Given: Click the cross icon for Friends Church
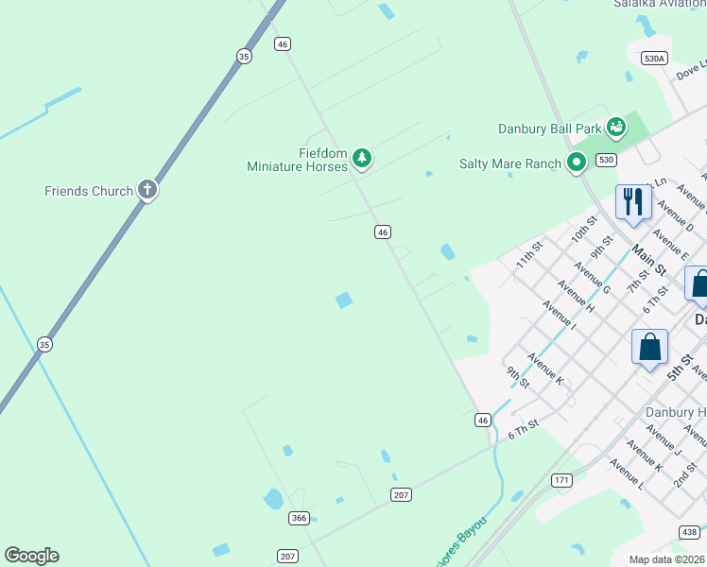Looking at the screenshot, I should [147, 190].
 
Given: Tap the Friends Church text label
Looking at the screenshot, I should [89, 191].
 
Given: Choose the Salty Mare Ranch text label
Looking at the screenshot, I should [510, 163].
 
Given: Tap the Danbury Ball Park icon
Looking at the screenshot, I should [616, 127].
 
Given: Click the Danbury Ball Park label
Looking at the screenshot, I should [550, 129].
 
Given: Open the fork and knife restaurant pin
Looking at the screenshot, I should [632, 202].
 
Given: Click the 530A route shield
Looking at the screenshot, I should [654, 58].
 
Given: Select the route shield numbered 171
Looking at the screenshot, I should [562, 481].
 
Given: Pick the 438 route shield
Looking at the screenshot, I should [689, 533].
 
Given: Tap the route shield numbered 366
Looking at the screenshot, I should [300, 517].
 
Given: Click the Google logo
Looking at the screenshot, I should [31, 556].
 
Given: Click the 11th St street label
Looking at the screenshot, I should [529, 255].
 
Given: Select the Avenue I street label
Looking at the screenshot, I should [560, 317].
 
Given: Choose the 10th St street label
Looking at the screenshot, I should [583, 230].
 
